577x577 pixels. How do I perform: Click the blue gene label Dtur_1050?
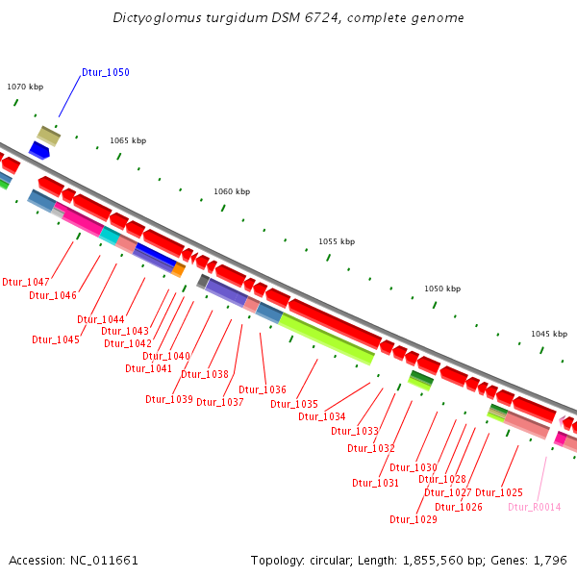pos(105,73)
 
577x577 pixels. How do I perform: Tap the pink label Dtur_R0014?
pos(534,507)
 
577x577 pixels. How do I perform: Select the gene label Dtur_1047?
pos(26,282)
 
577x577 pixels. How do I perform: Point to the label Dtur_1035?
pos(293,404)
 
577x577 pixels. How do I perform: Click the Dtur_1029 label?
pos(413,519)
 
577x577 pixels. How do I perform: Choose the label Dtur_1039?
pos(169,399)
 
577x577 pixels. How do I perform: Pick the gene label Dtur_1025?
pos(499,492)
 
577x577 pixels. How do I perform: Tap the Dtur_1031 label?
pos(375,483)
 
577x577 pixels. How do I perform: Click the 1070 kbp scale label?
pos(25,87)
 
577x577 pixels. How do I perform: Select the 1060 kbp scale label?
pos(232,191)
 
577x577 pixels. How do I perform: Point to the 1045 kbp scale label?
pos(549,334)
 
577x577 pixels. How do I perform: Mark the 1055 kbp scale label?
pos(337,241)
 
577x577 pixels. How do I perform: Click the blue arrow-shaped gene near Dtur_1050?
pos(39,151)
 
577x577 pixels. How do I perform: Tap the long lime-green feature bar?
pos(327,339)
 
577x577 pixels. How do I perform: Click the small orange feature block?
pos(178,270)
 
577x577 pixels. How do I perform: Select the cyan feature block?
pos(110,236)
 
